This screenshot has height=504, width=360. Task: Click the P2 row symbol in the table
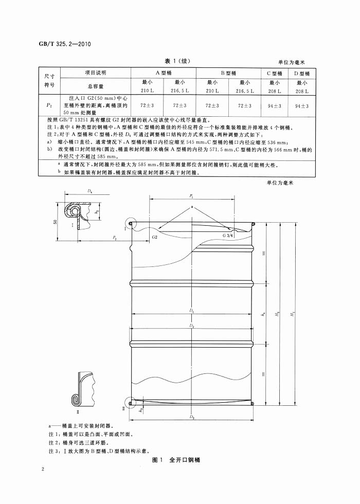point(49,105)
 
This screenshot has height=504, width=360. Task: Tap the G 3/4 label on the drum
point(228,235)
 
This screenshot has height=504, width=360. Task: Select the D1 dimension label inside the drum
point(191,310)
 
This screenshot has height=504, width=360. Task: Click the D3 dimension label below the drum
point(191,417)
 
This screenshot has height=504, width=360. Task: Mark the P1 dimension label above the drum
point(191,196)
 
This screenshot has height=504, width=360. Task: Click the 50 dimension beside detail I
point(55,222)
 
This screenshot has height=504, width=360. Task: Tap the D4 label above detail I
point(89,191)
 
